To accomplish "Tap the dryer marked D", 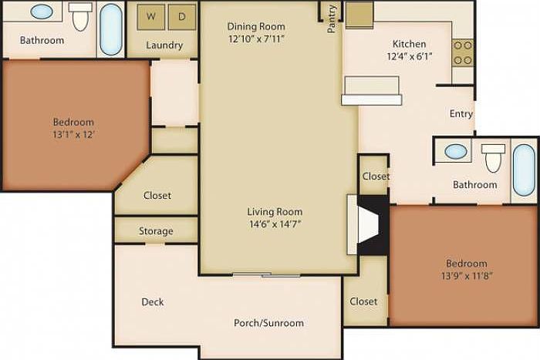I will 181,15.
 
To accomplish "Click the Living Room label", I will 275,212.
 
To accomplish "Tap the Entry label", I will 461,114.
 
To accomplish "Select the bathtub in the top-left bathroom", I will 111,29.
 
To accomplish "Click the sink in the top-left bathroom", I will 42,13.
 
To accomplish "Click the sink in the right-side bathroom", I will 457,151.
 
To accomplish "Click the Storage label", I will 156,231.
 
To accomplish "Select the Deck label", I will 153,302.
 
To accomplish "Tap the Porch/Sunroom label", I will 268,323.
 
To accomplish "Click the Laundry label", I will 164,45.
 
